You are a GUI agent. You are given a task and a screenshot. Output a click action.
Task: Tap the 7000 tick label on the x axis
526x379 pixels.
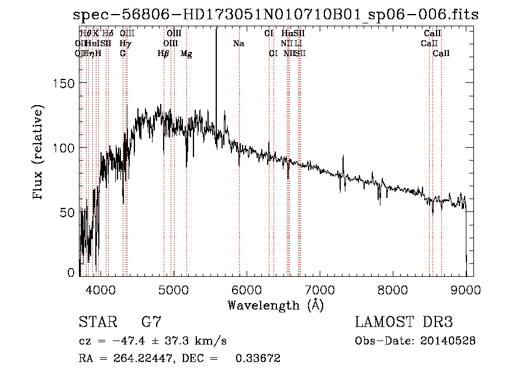[x=320, y=290]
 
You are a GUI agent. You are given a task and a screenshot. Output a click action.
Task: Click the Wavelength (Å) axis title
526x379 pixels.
[x=275, y=305]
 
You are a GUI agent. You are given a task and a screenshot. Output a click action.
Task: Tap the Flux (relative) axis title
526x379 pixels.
[x=39, y=153]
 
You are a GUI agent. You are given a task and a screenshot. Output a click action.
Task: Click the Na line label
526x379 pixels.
[x=238, y=43]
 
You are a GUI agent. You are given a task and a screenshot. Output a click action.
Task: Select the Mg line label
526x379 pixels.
[x=186, y=54]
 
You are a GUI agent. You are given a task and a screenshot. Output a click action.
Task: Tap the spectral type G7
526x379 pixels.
[x=151, y=322]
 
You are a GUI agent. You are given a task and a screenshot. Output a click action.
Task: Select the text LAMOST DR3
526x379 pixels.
[x=404, y=322]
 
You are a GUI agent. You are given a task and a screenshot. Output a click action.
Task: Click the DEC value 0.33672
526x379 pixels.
[x=258, y=359]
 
